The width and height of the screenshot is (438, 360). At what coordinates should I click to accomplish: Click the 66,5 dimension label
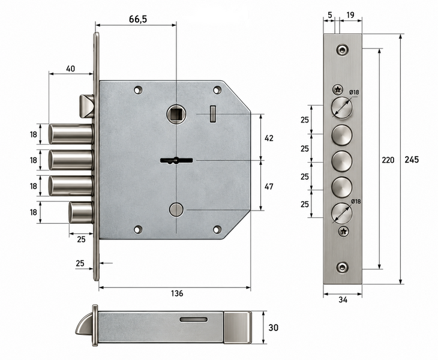pyautogui.click(x=138, y=19)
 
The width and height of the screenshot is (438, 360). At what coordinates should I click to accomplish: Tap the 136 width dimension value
pyautogui.click(x=177, y=293)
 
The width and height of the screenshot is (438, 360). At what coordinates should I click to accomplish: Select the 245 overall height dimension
pyautogui.click(x=412, y=160)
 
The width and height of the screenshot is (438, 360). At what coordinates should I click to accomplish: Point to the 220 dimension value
pyautogui.click(x=388, y=160)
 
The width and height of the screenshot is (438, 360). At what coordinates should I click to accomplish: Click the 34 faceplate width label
pyautogui.click(x=343, y=299)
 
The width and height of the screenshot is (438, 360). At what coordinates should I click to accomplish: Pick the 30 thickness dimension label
pyautogui.click(x=273, y=328)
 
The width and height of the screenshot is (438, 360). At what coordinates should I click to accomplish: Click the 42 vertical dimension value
pyautogui.click(x=269, y=138)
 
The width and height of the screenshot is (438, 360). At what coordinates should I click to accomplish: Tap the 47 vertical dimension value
pyautogui.click(x=269, y=186)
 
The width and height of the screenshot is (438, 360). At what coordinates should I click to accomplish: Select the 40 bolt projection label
pyautogui.click(x=70, y=68)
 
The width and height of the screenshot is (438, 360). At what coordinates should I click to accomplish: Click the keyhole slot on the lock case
pyautogui.click(x=176, y=161)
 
